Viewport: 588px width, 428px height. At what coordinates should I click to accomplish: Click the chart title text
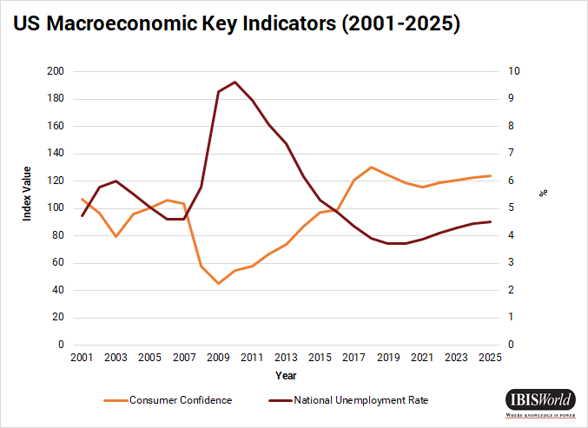(x=235, y=23)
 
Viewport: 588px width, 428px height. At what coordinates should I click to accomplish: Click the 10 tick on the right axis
(x=514, y=71)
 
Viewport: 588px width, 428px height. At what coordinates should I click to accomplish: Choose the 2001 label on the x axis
(x=82, y=358)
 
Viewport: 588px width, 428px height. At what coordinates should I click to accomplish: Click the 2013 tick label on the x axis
(x=287, y=358)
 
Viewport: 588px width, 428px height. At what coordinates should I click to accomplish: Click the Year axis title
(x=286, y=376)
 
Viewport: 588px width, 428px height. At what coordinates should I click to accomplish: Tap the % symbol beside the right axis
(x=544, y=193)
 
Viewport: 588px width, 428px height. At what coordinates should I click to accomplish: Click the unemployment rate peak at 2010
(x=235, y=82)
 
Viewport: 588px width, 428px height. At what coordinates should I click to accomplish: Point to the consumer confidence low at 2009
(x=218, y=283)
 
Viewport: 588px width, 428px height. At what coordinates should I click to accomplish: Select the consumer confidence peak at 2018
(x=372, y=167)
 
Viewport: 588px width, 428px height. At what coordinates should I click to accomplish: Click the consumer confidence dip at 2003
(x=116, y=236)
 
